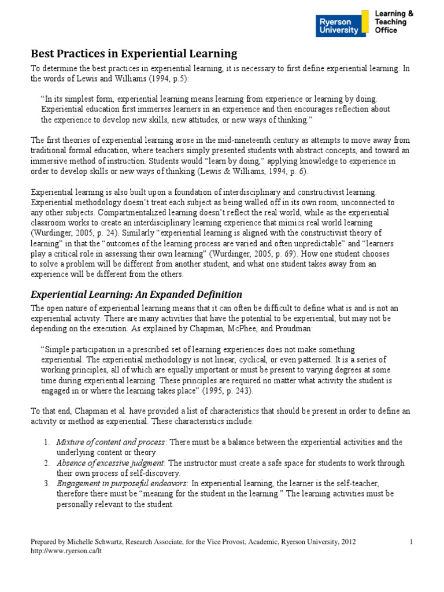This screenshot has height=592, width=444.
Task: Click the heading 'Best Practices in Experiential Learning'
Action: click(134, 54)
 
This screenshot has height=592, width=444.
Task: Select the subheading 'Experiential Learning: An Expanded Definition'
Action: click(136, 294)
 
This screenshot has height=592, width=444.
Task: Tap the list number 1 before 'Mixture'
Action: click(47, 442)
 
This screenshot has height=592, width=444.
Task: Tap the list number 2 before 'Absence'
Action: click(47, 463)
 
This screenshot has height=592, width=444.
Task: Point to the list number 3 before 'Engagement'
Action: click(47, 483)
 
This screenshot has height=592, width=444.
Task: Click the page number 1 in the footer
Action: click(410, 542)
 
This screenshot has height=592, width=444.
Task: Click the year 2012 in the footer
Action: click(348, 542)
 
